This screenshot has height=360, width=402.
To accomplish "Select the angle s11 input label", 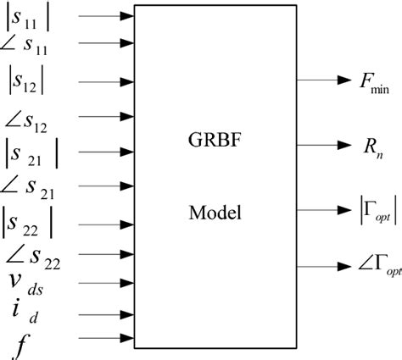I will [x=31, y=43].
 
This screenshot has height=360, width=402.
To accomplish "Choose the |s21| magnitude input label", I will [x=34, y=155].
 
